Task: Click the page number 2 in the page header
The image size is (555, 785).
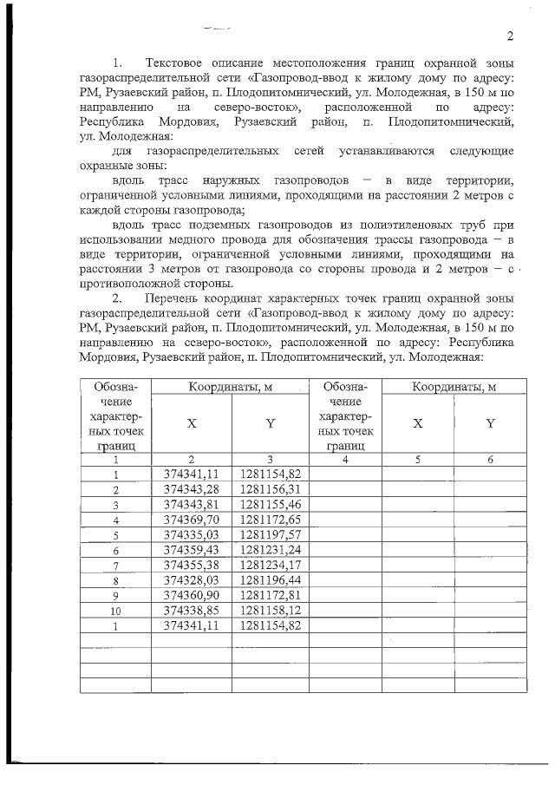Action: coord(511,36)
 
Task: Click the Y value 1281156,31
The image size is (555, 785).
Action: coord(271,489)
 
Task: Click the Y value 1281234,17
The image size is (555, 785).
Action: coord(271,565)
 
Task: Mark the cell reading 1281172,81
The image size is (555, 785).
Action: coord(271,595)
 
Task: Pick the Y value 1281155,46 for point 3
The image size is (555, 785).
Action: coord(271,504)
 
